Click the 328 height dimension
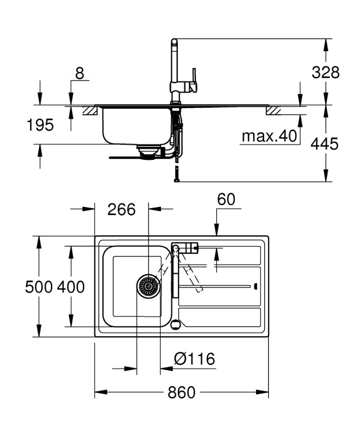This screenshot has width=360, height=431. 325,72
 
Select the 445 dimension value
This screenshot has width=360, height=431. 325,143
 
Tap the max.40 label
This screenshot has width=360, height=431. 269,136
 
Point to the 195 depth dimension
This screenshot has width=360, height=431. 40,125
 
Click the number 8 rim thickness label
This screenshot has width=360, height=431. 80,73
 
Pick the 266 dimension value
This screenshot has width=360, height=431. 121,209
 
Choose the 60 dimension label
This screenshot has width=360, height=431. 226,199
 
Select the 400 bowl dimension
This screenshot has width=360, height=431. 71,287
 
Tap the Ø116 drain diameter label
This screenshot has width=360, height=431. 194,359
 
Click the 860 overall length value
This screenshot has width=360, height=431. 182,393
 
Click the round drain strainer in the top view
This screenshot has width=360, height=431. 148,286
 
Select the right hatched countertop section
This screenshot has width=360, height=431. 274,111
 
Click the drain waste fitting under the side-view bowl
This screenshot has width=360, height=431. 147,151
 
